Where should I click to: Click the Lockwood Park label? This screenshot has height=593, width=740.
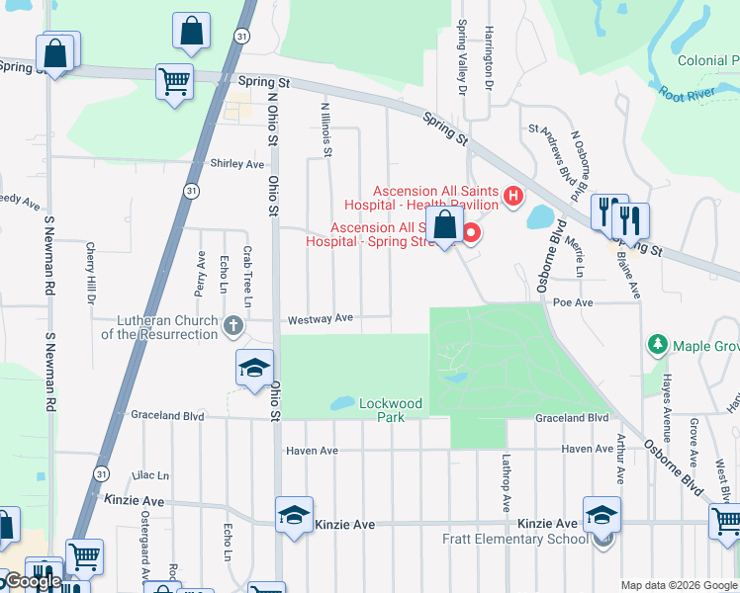pos(390,410)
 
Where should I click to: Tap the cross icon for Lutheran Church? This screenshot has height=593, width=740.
pos(232,324)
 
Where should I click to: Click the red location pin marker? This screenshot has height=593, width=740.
pos(471,233)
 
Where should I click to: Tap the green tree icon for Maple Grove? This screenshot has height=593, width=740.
pos(655,345)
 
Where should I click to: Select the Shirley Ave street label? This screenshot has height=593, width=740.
pos(237,164)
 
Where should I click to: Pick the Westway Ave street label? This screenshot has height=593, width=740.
pos(320,319)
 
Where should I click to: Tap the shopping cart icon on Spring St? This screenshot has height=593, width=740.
pos(174,81)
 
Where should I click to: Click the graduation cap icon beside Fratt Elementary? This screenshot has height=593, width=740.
pos(601,514)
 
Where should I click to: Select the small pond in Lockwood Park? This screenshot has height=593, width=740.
pos(342,403)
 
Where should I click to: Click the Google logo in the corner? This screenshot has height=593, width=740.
pos(32,581)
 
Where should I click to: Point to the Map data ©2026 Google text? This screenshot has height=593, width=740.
pos(678,584)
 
